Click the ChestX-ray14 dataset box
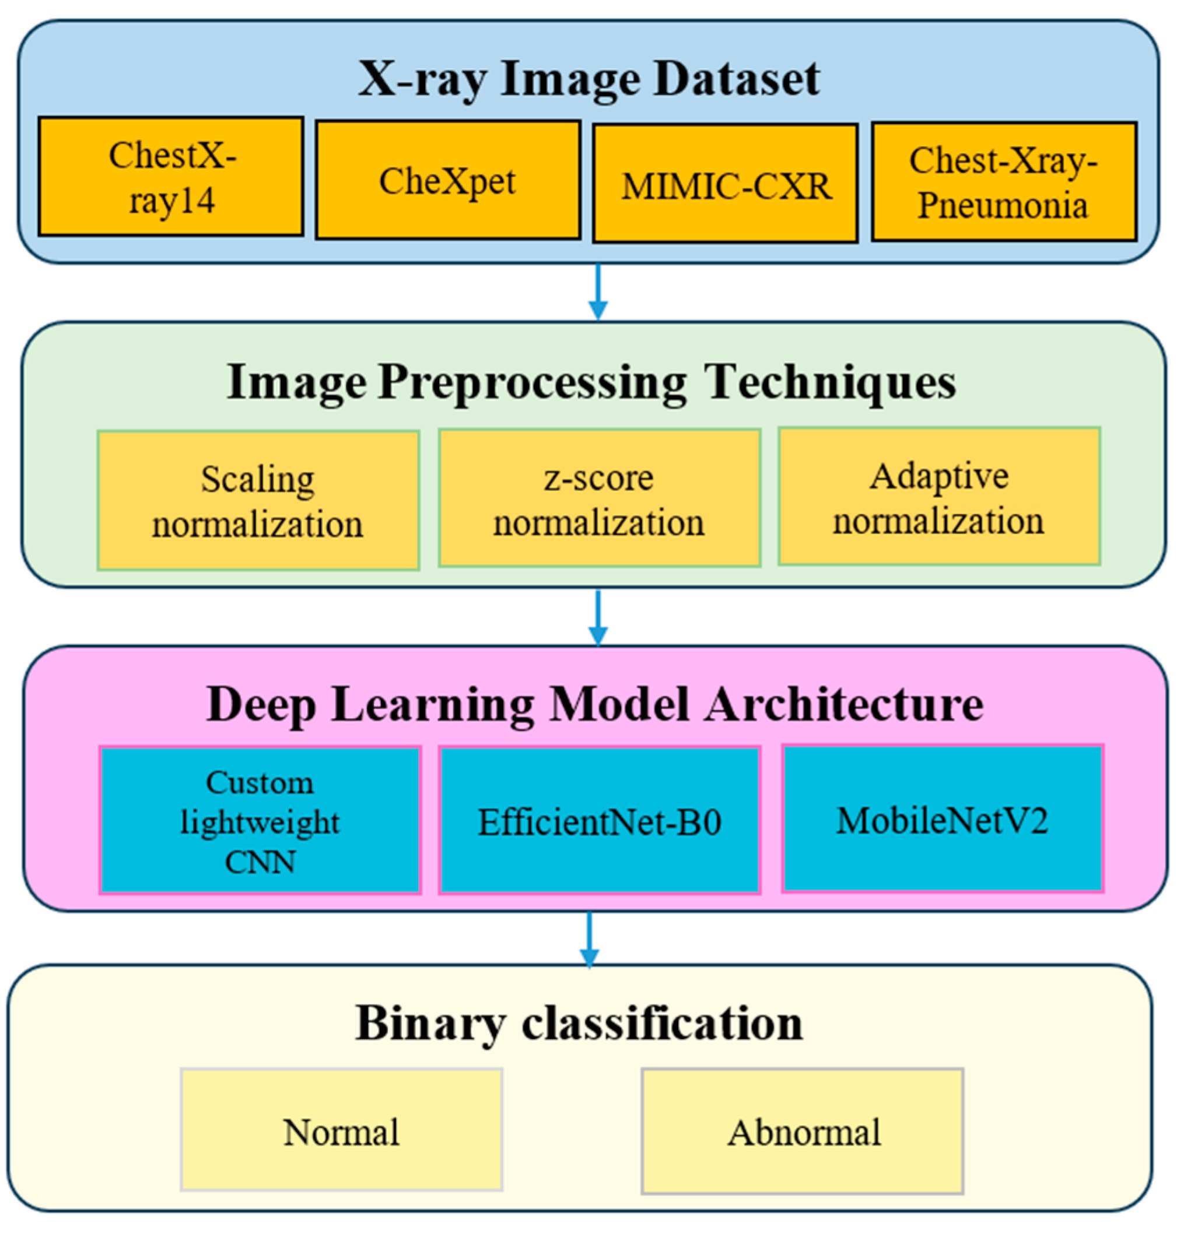point(170,177)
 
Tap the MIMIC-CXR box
point(725,184)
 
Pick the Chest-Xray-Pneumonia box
point(1004,182)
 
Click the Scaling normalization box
point(258,501)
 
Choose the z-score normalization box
point(599,498)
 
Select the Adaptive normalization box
point(938,497)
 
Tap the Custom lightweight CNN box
point(260,820)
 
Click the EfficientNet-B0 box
point(599,821)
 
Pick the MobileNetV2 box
point(943,819)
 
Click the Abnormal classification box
point(803,1131)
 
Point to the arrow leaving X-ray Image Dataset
point(598,291)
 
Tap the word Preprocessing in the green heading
point(532,383)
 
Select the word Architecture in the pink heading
point(844,704)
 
